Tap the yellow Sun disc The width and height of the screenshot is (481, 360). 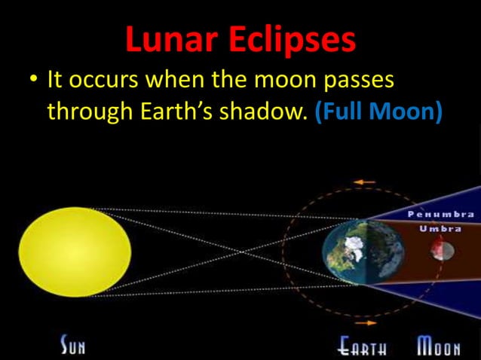point(75,252)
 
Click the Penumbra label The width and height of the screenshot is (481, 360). point(441,214)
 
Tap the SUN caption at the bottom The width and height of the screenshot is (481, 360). point(73,347)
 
